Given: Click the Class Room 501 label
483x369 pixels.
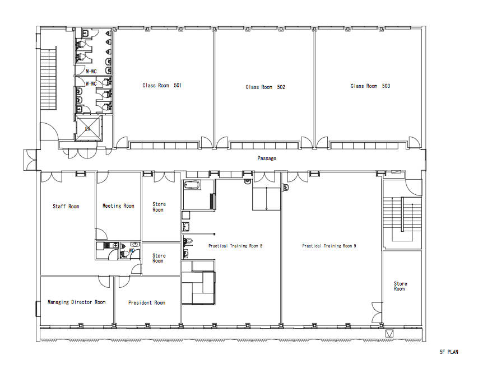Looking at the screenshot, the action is [x=162, y=86].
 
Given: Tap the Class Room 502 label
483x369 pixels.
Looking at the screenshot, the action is [x=265, y=87].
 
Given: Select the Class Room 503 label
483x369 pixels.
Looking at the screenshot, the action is [x=370, y=86].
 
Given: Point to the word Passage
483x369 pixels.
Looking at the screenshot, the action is [x=267, y=158].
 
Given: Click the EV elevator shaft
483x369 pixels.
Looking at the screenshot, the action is [x=88, y=128].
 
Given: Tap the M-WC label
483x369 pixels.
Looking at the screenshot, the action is [x=91, y=72].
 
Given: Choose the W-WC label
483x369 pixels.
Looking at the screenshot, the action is [x=91, y=83].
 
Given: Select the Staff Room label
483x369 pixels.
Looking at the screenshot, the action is [x=66, y=207].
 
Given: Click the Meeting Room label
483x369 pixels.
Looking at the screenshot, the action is [x=118, y=206].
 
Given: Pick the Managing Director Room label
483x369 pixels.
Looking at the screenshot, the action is [x=76, y=302].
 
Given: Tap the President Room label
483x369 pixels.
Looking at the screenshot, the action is [x=147, y=303].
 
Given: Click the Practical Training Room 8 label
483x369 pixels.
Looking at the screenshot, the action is [x=235, y=246].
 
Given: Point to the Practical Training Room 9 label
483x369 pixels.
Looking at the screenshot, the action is [x=329, y=246].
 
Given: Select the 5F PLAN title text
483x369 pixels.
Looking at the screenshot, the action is [x=449, y=352].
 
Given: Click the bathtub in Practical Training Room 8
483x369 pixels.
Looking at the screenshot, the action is [x=192, y=185].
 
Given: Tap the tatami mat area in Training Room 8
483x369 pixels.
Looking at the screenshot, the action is [x=198, y=287].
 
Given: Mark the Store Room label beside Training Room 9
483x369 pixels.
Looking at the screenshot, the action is [x=401, y=286].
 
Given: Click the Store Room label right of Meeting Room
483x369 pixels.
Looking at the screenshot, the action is [x=159, y=207].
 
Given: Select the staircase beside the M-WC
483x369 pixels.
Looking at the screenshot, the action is [x=49, y=78].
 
